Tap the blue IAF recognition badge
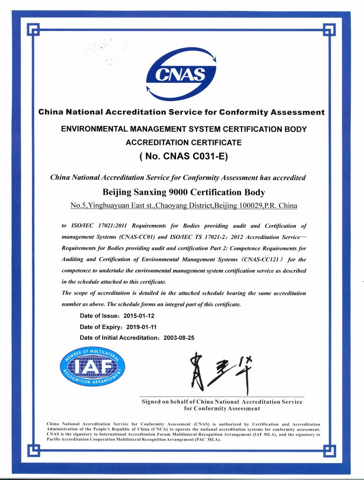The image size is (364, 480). pyautogui.click(x=92, y=366)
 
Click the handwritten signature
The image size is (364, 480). pyautogui.click(x=221, y=370)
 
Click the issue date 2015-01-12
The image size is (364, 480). pyautogui.click(x=139, y=316)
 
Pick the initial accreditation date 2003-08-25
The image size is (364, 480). pyautogui.click(x=179, y=337)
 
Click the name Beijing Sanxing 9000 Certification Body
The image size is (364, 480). pyautogui.click(x=184, y=192)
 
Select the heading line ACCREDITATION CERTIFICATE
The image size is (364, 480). pyautogui.click(x=184, y=142)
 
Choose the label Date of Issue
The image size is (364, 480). pyautogui.click(x=99, y=316)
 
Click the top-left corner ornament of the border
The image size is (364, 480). pyautogui.click(x=33, y=29)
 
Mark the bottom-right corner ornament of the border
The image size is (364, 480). pyautogui.click(x=329, y=451)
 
